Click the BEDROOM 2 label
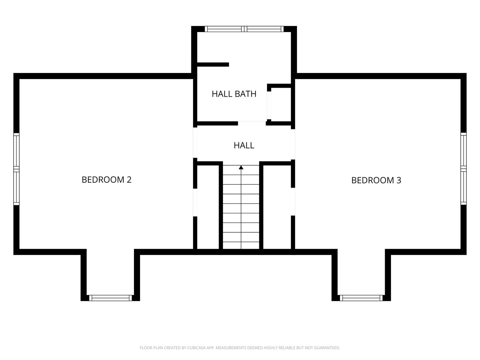pos(106,180)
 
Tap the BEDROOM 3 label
pos(376,180)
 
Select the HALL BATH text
pos(234,94)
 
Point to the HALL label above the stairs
pos(244,145)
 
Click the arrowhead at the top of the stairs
pos(241,167)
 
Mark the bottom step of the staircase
pos(241,245)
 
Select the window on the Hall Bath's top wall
pos(244,29)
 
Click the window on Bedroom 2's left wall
pos(16,169)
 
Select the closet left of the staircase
pos(208,207)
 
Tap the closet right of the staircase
pos(276,207)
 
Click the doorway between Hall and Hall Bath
pos(252,123)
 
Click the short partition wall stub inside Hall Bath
pos(213,65)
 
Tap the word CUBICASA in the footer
pos(197,348)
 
